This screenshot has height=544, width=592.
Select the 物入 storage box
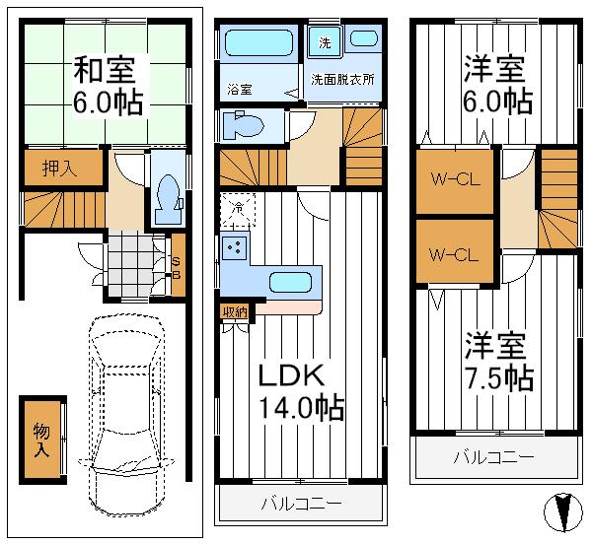(x=41, y=439)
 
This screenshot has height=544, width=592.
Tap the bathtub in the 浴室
(x=259, y=44)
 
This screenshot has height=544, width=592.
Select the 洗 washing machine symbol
(x=324, y=41)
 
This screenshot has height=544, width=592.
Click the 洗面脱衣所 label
(x=342, y=79)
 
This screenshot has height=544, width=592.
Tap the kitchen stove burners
(x=236, y=248)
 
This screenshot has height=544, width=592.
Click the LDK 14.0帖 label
(x=300, y=391)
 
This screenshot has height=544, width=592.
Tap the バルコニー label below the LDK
(x=301, y=504)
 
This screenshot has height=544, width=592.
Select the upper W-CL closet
(x=453, y=180)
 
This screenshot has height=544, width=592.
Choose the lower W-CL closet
(x=453, y=253)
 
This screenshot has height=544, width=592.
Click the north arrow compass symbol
(x=561, y=511)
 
